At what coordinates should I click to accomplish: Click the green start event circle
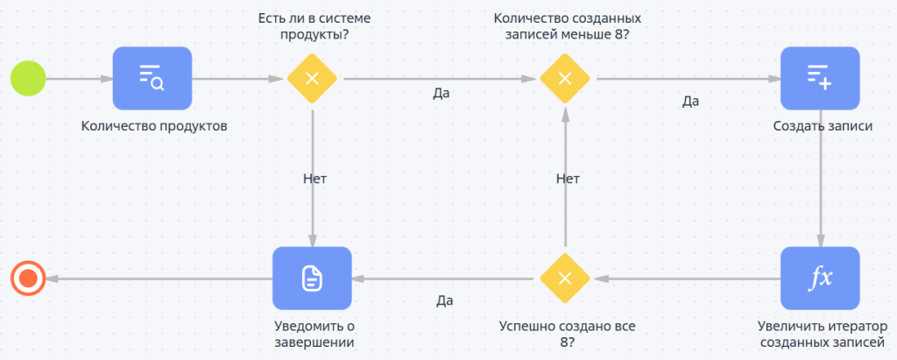coord(28,78)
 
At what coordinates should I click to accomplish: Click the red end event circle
coord(28,279)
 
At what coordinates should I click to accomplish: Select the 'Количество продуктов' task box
coord(152,78)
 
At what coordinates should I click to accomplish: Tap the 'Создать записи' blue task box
coord(820,78)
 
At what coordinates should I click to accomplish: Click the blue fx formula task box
coord(820,279)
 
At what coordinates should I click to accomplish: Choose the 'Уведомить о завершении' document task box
coord(312,279)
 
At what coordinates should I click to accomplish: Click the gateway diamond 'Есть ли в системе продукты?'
coord(312,78)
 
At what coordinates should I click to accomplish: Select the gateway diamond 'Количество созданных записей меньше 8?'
coord(565,78)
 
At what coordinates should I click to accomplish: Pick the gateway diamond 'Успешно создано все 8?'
coord(565,279)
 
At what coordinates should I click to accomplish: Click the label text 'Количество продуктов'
coord(154,125)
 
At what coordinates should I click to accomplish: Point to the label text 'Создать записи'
coord(823,125)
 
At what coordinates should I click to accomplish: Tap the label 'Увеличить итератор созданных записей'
coord(821,334)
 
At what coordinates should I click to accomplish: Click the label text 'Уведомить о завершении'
coord(314,334)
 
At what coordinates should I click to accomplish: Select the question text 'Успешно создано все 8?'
coord(567,334)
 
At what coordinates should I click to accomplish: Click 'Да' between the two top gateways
coord(441,93)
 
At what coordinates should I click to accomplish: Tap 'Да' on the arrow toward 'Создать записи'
coord(690,101)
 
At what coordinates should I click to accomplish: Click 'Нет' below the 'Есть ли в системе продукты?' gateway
coord(314,178)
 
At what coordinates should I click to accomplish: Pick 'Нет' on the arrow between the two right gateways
coord(568,178)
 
